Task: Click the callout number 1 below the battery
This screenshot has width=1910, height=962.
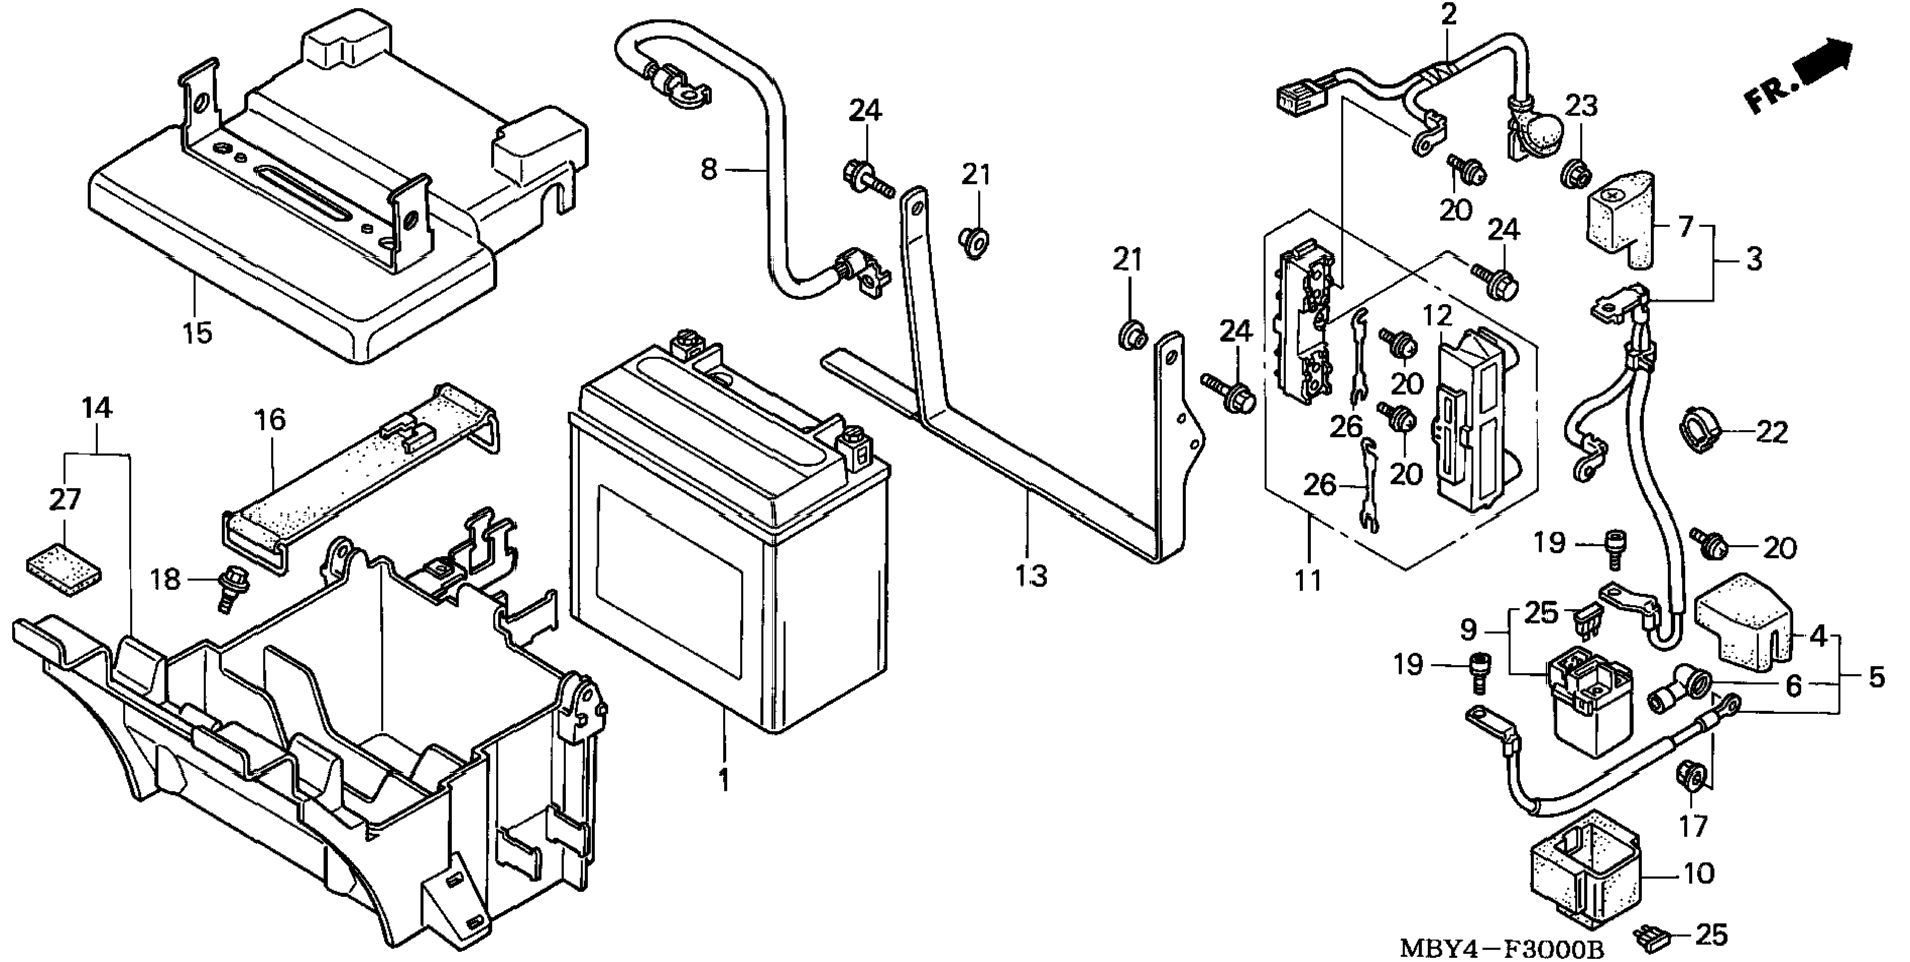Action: tap(724, 780)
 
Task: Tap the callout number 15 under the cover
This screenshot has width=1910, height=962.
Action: tap(198, 331)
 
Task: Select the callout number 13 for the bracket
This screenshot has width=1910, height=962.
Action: tap(1031, 575)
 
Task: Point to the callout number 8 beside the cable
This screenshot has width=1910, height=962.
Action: tap(709, 169)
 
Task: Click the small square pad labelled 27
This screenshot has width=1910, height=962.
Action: tap(63, 567)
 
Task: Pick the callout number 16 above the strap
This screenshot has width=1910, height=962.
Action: tap(269, 419)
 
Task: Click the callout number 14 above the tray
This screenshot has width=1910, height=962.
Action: tap(97, 408)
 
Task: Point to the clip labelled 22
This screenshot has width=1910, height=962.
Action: tap(1698, 430)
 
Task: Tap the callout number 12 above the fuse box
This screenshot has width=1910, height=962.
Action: tap(1437, 316)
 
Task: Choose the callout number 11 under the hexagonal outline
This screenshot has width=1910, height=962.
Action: tap(1307, 579)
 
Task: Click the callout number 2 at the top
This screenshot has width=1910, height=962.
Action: tap(1449, 14)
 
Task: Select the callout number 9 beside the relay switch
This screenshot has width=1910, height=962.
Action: tap(1468, 630)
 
